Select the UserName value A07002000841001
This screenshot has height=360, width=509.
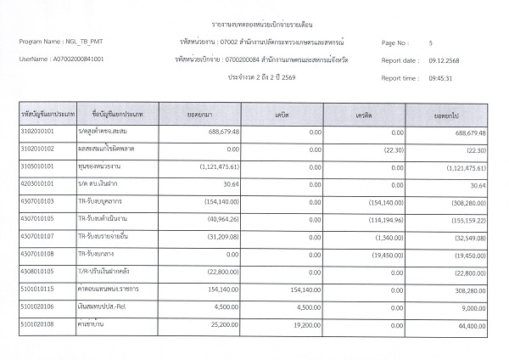(x=79, y=59)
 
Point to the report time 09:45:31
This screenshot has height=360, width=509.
(x=438, y=77)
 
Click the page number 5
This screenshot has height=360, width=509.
(x=431, y=42)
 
